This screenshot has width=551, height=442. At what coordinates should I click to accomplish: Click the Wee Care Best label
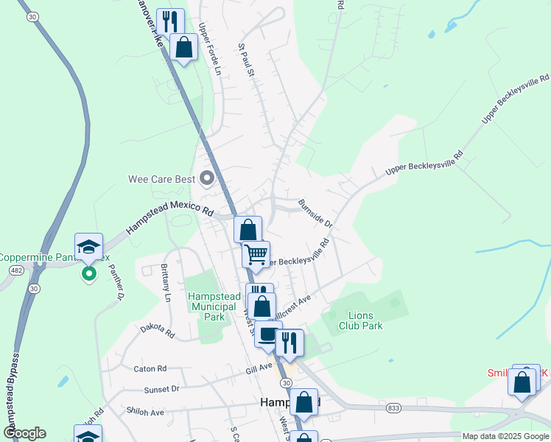tap(161, 179)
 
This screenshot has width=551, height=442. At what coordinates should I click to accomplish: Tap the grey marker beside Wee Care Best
tap(206, 178)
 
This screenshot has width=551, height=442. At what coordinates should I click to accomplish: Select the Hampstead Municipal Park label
tap(214, 306)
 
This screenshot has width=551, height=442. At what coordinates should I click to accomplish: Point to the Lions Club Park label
tap(360, 320)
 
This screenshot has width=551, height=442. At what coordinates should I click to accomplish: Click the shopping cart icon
tap(256, 255)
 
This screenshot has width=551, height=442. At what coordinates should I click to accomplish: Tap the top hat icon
tap(268, 334)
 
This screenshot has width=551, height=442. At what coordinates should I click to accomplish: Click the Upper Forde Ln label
tap(209, 49)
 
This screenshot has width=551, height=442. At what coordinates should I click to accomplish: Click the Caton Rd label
tap(150, 368)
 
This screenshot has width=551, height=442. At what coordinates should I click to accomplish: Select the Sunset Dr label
tap(161, 388)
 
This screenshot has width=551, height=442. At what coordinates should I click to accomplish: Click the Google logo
tap(24, 433)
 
